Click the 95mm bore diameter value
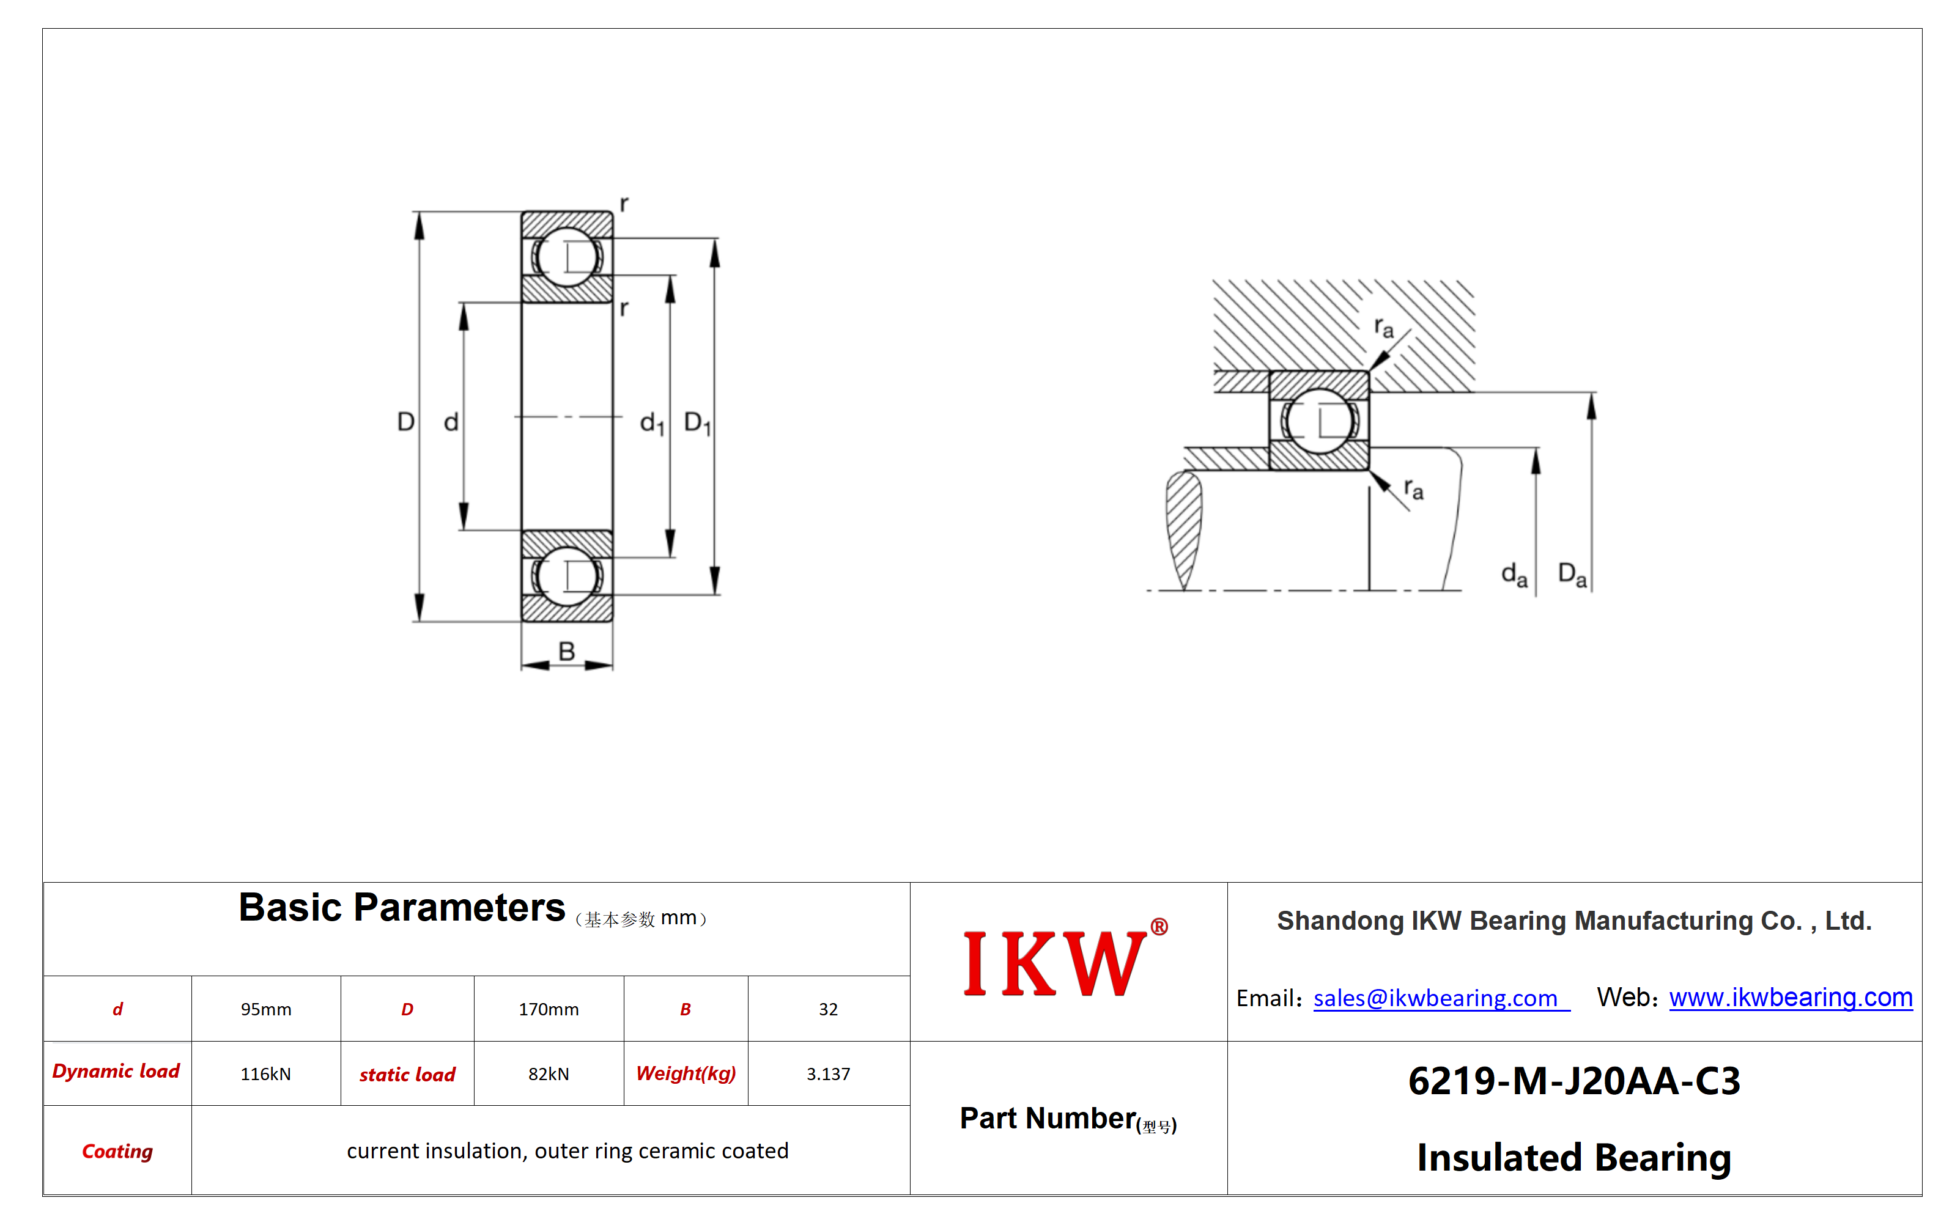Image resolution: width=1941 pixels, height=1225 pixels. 266,1009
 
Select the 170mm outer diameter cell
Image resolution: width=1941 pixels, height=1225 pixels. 549,1009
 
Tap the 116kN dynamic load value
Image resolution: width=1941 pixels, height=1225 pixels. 266,1073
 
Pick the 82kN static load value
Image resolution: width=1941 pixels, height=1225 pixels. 549,1073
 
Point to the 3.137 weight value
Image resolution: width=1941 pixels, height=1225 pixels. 829,1073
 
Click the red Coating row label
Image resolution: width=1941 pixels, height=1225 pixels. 117,1151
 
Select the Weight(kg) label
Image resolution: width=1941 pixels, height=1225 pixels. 686,1073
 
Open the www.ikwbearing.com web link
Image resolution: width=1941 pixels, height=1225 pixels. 1791,997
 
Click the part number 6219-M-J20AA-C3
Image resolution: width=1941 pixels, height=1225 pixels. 1574,1081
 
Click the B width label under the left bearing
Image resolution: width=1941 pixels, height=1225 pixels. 567,650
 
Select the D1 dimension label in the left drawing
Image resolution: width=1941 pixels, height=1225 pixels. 697,423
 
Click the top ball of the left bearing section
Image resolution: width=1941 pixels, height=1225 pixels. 568,257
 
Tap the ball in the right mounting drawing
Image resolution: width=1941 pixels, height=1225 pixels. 1318,420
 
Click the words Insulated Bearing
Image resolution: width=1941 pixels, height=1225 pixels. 1574,1157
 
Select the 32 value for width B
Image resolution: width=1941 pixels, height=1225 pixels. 829,1009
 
